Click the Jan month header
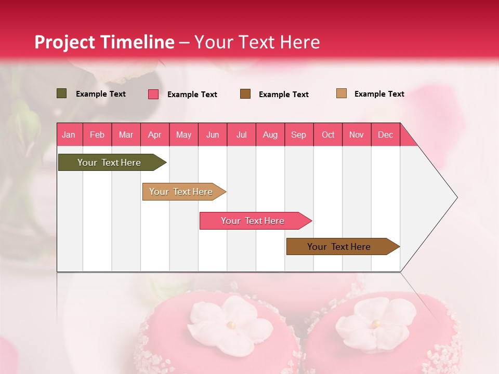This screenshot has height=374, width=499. (x=69, y=135)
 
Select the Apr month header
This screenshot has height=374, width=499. (x=154, y=135)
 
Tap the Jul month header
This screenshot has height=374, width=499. (x=241, y=135)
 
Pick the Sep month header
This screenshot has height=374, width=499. (x=298, y=135)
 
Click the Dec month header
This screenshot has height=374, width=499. (x=385, y=135)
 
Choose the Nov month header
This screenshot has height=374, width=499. (x=357, y=135)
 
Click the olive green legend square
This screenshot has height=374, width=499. (x=62, y=94)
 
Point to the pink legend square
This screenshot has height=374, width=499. (x=153, y=94)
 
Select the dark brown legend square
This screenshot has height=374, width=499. (x=245, y=94)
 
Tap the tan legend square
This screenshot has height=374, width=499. (x=342, y=94)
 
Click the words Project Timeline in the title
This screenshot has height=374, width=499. (x=104, y=42)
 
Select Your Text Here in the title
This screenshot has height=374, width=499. (x=257, y=42)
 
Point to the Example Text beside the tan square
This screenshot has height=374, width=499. (x=379, y=94)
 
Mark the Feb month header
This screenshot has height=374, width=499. (x=97, y=135)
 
